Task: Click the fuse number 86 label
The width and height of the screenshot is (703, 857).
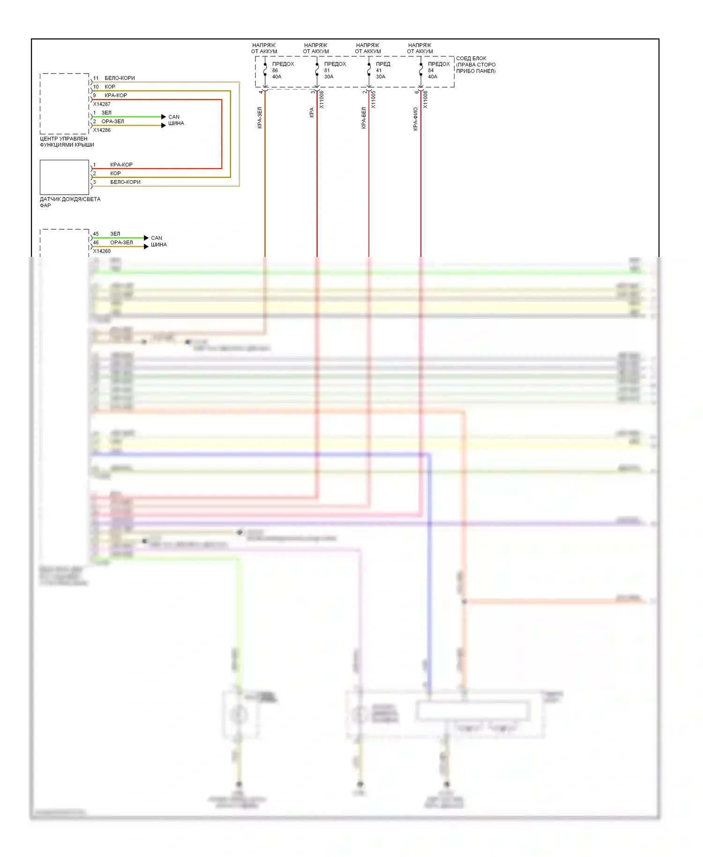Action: pos(275,70)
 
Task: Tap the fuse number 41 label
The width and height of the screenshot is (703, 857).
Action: pos(379,70)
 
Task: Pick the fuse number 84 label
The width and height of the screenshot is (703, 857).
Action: pos(431,70)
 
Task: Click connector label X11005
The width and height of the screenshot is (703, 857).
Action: pos(374,99)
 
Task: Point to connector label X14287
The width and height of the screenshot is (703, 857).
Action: pos(102,104)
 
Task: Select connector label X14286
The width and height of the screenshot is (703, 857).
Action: pos(102,130)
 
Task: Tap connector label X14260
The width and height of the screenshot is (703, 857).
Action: pos(102,251)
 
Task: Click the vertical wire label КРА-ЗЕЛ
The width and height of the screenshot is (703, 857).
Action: pos(260,118)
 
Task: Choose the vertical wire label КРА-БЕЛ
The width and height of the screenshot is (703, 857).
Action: pos(364,118)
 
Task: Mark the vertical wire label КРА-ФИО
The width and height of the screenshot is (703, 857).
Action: pos(416,119)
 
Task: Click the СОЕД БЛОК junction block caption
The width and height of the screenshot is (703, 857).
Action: pos(475,65)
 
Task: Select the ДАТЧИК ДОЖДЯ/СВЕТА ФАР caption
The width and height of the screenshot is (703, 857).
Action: pos(70,202)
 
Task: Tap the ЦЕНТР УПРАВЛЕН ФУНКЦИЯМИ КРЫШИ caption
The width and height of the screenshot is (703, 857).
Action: pos(67,142)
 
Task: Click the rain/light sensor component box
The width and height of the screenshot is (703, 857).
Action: pos(64,177)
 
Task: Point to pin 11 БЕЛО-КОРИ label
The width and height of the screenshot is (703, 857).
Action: pos(120,78)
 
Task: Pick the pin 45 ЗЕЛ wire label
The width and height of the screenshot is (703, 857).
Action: pos(115,233)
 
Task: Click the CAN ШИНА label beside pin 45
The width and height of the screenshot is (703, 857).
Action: pos(158,241)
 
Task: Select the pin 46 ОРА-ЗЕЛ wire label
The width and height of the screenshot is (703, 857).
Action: pos(121,242)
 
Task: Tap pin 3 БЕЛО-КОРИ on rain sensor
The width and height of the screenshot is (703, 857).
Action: pos(125,182)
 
